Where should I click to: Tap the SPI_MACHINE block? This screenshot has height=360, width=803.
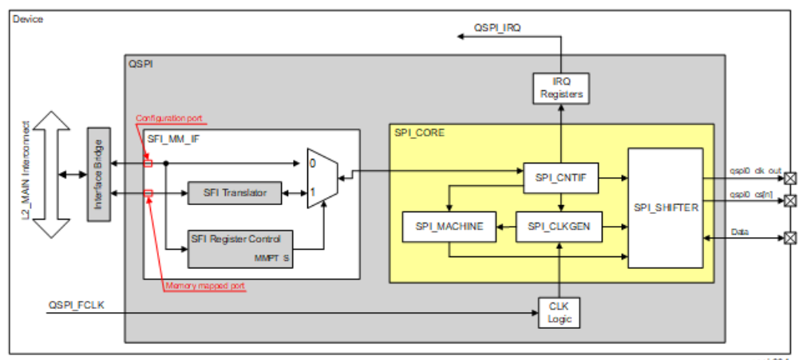coord(449,227)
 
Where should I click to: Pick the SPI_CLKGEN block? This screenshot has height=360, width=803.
coord(558,227)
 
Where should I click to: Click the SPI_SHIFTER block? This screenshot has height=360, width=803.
coord(665,208)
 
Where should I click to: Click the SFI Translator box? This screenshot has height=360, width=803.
coord(234,192)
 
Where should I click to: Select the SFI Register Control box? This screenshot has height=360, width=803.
coord(240,248)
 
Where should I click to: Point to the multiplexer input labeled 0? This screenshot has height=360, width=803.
coord(313,163)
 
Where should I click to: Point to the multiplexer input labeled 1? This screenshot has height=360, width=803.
coord(313,193)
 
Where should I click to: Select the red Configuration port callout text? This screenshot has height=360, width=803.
coord(168,119)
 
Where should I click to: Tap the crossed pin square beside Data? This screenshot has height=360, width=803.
coord(790,237)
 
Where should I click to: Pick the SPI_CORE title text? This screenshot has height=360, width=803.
coord(420,133)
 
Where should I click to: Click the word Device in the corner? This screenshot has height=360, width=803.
coord(28,19)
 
